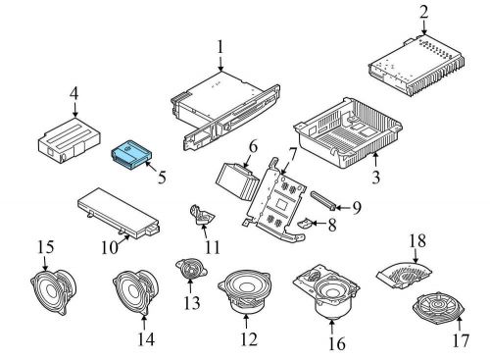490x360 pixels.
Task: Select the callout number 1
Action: pos(220,47)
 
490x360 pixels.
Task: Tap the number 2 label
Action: pos(423,13)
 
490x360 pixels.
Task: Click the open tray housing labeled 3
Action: pos(348,132)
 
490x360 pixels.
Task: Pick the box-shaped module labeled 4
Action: pos(70,140)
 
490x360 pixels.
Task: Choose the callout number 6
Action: pos(253,148)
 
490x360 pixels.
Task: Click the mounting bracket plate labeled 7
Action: pos(276,204)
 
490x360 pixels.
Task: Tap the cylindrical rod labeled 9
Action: pos(323,199)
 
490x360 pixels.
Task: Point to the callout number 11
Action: pos(213,247)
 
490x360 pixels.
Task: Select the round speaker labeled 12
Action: pos(244,291)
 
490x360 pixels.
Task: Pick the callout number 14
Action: pos(146,339)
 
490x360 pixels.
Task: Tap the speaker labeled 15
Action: pos(54,291)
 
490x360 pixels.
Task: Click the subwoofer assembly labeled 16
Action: pos(326,291)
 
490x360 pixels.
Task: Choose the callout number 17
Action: pos(461,340)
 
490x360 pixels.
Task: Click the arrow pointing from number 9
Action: pos(342,207)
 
